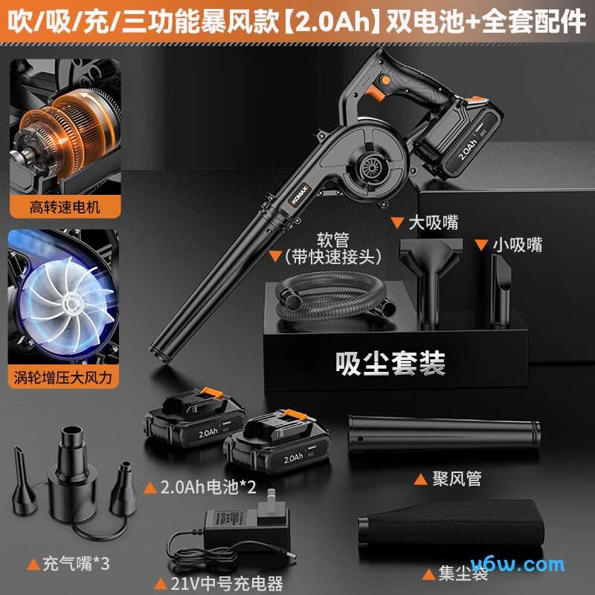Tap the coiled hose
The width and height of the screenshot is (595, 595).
(327, 297)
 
